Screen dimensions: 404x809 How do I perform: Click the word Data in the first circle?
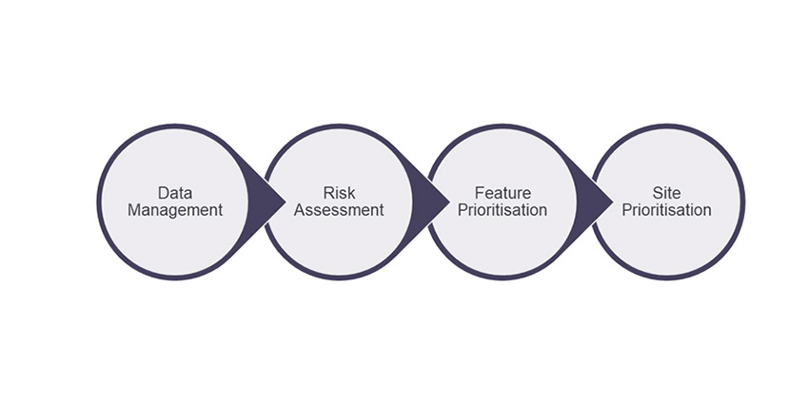176,193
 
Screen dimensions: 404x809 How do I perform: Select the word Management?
176,210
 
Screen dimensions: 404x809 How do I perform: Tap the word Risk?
339,193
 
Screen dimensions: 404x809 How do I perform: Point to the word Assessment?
339,210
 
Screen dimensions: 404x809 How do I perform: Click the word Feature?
502,193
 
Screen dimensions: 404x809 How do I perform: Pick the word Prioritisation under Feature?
503,210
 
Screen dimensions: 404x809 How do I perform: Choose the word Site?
667,193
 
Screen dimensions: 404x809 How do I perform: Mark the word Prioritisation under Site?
667,210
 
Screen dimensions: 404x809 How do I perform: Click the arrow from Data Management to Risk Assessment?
269,202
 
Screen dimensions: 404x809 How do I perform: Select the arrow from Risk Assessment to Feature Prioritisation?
434,202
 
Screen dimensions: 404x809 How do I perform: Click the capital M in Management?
135,210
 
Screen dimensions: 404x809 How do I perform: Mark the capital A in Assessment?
300,210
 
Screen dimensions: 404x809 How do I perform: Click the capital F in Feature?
479,193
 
